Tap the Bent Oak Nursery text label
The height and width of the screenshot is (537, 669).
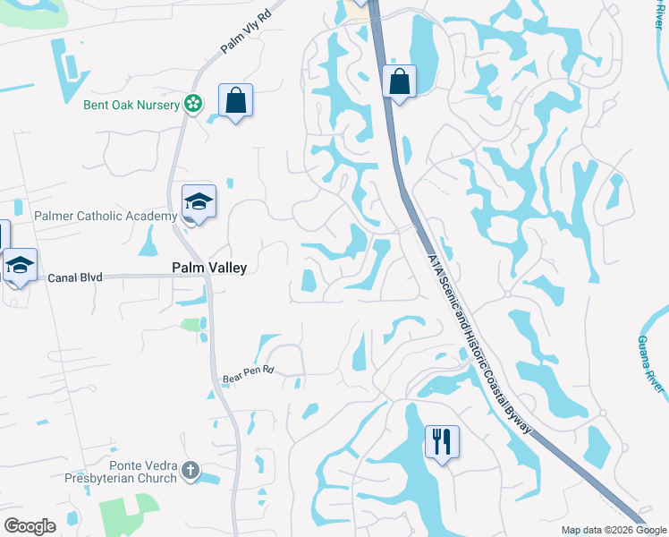(131, 105)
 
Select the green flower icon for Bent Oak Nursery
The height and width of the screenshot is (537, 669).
(192, 105)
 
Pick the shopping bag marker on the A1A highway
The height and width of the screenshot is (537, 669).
(399, 81)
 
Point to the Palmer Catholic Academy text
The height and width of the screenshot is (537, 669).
(106, 217)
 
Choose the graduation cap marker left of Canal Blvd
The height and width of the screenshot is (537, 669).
(20, 266)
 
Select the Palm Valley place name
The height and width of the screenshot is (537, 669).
(208, 268)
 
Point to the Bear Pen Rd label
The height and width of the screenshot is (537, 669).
(247, 374)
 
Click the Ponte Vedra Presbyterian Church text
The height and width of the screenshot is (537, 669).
(131, 472)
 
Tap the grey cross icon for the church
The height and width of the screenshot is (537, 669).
(189, 470)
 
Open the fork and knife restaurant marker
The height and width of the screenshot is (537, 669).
(442, 442)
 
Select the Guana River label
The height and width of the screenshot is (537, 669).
(652, 363)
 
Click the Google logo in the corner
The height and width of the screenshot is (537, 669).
(30, 526)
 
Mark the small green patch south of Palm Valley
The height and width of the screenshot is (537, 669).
(191, 325)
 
